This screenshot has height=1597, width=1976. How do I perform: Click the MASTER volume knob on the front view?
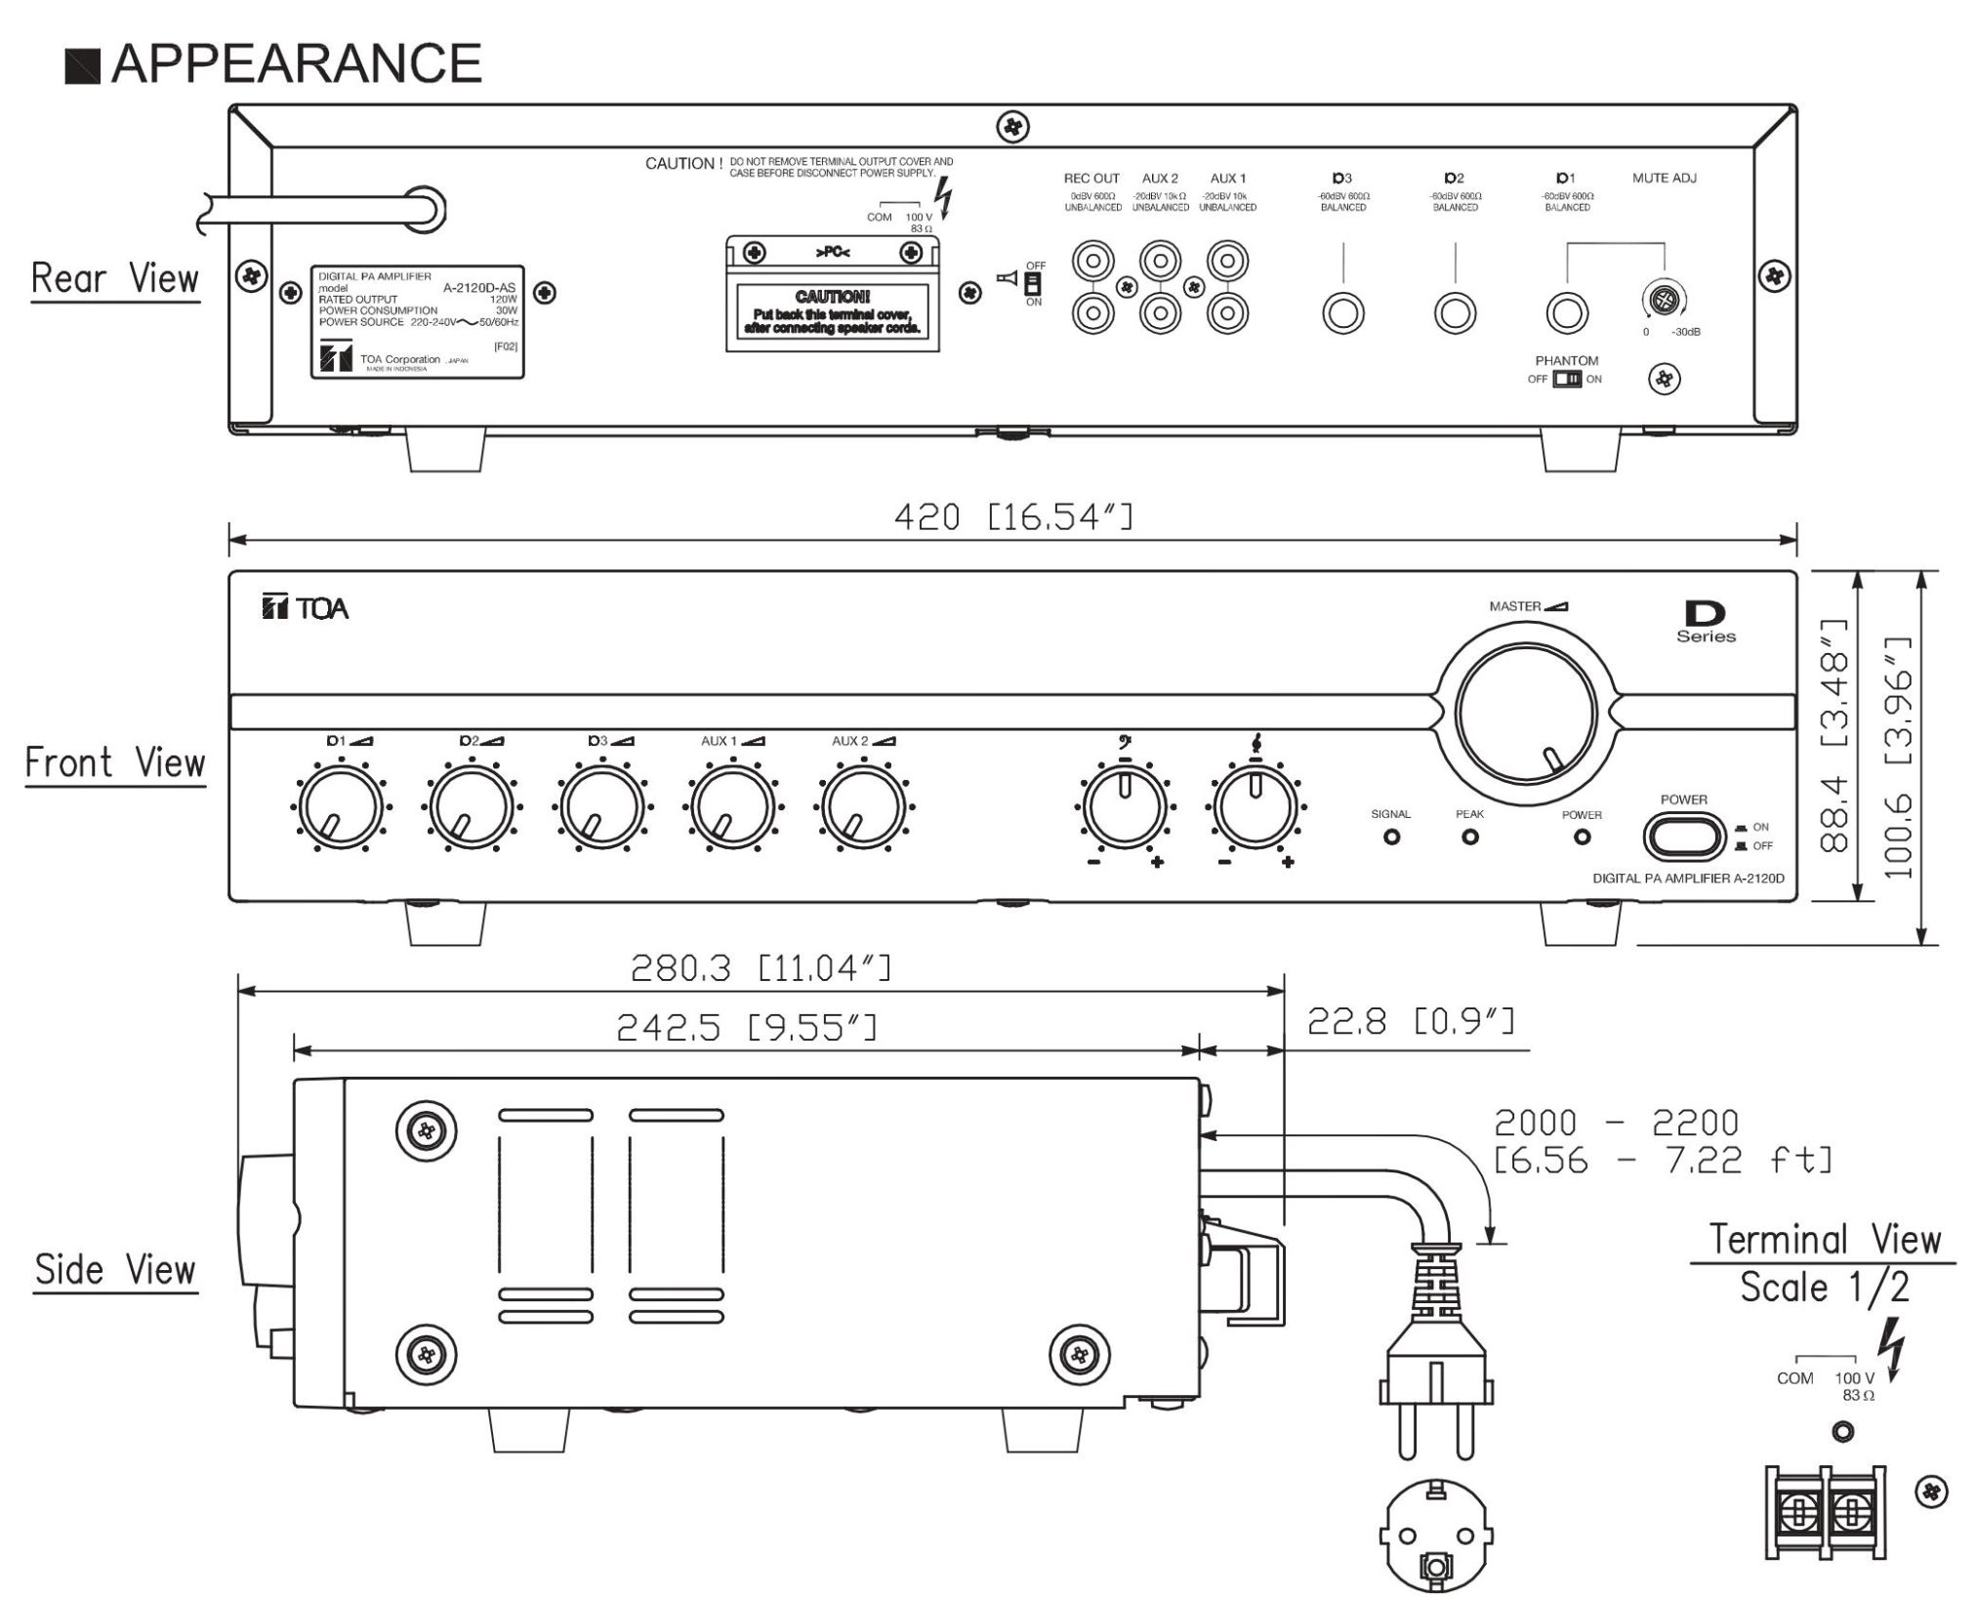pos(1525,713)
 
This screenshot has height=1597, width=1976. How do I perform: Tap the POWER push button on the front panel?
pos(1684,837)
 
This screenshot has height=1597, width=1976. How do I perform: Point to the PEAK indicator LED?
pos(1469,838)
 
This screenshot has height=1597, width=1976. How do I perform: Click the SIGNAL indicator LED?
pos(1391,838)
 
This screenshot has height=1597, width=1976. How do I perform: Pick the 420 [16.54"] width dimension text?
pos(1013,516)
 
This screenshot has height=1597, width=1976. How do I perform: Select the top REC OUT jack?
pos(1092,262)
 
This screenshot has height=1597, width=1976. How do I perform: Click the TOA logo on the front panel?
pos(306,608)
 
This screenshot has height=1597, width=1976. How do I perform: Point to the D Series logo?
pos(1706,623)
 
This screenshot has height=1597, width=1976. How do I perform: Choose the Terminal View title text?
pos(1825,1240)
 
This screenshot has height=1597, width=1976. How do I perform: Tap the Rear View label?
pos(115,279)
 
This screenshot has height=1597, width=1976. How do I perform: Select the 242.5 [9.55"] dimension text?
pos(746,1027)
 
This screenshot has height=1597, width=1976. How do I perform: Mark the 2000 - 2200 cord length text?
pos(1616,1123)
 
